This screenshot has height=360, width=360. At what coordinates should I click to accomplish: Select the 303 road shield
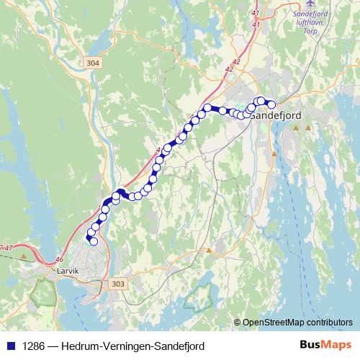[119, 285]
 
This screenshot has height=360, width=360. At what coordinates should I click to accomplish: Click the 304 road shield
[91, 63]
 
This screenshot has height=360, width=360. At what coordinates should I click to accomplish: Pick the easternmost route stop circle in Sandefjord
[271, 105]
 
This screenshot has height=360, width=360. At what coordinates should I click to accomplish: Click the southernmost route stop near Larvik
[93, 241]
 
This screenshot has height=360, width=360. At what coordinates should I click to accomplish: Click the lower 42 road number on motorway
[229, 69]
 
